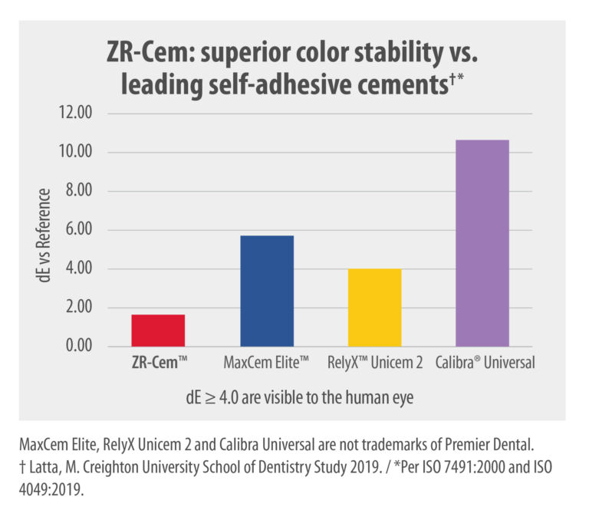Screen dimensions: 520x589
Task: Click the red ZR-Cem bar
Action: click(x=158, y=331)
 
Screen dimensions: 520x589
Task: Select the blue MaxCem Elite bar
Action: click(x=267, y=291)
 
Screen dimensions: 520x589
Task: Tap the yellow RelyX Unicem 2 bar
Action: click(x=374, y=308)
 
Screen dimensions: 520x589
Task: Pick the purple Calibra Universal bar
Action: click(x=482, y=243)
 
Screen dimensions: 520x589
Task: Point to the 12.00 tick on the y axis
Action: click(x=74, y=114)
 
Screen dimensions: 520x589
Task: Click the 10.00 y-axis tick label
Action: click(x=74, y=153)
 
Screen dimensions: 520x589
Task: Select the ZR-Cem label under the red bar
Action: click(x=158, y=364)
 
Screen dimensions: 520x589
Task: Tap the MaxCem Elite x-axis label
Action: click(x=266, y=364)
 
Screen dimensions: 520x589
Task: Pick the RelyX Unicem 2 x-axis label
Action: click(x=374, y=364)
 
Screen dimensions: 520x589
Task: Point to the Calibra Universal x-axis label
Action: click(x=484, y=364)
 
